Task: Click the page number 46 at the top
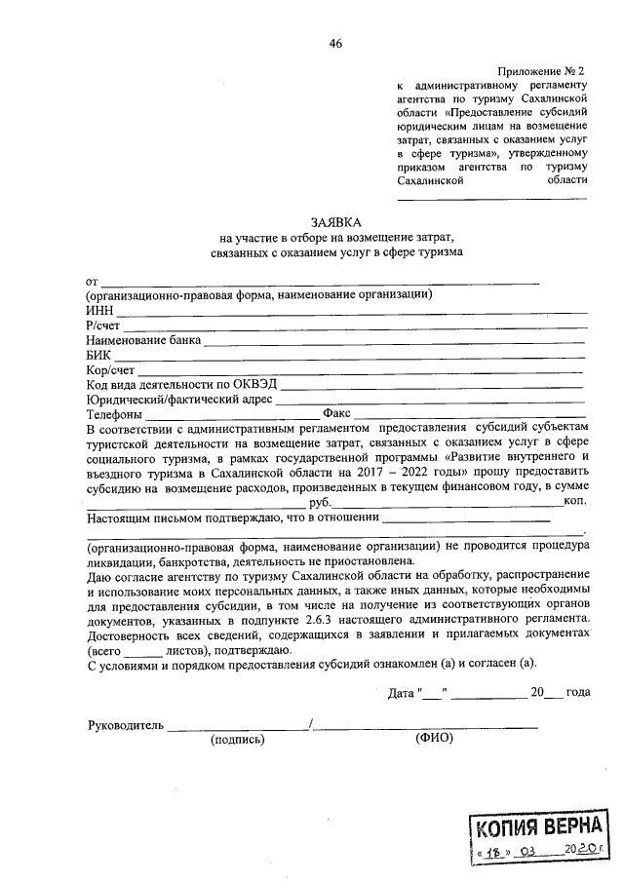[335, 42]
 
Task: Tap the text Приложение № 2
[540, 72]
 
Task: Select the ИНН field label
[100, 310]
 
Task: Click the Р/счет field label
[103, 326]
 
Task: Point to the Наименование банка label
[143, 341]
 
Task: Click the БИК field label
[99, 357]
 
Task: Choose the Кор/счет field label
[110, 371]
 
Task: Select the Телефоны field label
[115, 415]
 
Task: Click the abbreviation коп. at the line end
[574, 501]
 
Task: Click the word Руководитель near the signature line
[125, 725]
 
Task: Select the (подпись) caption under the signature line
[237, 740]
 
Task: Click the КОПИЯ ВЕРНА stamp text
[542, 828]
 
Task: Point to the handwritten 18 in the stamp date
[494, 852]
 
